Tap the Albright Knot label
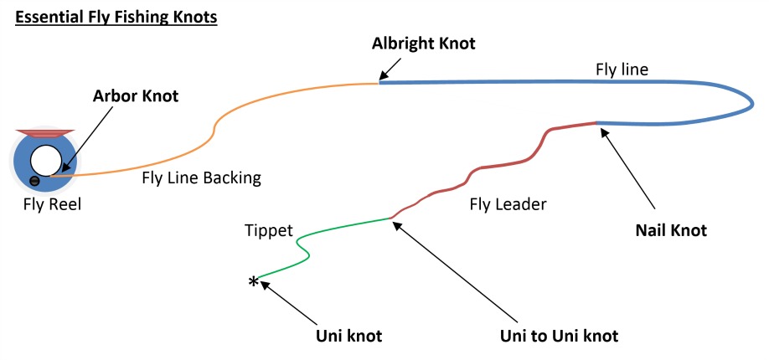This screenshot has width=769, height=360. click(x=423, y=44)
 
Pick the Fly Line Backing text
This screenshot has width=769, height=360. click(x=200, y=177)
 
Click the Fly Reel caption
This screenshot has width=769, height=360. click(x=52, y=203)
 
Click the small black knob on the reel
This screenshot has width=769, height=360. click(x=34, y=181)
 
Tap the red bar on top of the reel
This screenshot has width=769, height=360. click(x=44, y=132)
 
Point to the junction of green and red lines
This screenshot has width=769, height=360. click(x=390, y=219)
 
